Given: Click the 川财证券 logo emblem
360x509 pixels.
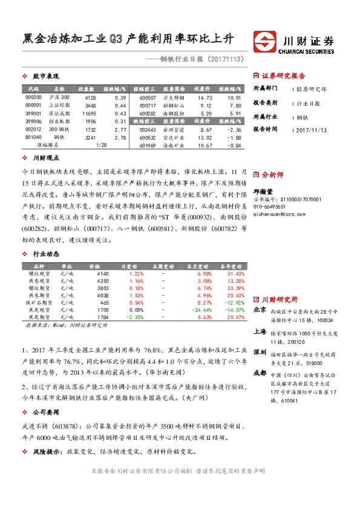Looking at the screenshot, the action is [264, 42].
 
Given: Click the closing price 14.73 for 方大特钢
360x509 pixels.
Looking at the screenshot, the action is [205, 97].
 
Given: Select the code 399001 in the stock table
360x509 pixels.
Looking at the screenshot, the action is [34, 113].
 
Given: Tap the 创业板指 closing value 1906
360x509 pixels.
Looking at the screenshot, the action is [90, 121].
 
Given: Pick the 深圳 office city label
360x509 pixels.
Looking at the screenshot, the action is [260, 351].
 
